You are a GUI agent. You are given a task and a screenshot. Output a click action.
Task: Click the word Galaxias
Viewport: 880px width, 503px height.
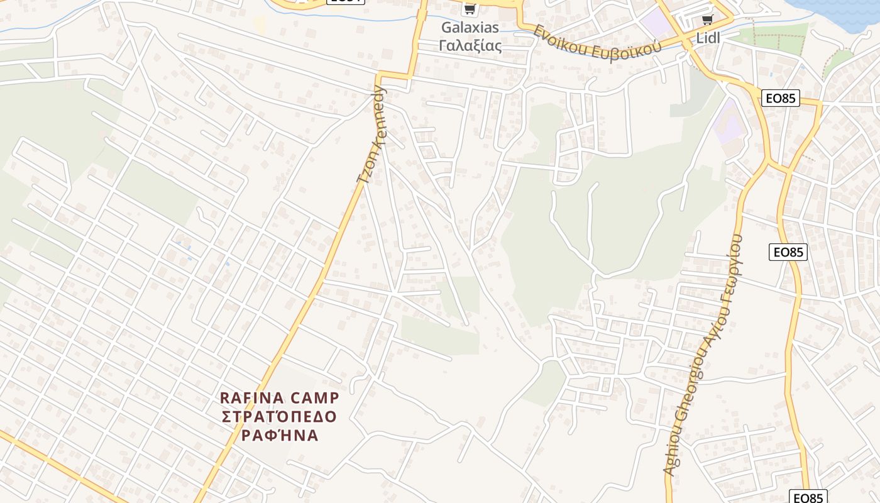click(470, 28)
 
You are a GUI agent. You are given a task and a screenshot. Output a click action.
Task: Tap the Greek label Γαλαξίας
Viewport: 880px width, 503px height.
click(470, 45)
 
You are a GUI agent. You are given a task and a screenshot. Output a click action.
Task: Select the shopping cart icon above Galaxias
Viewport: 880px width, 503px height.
click(469, 9)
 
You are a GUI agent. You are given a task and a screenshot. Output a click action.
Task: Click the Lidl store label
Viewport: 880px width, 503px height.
click(707, 38)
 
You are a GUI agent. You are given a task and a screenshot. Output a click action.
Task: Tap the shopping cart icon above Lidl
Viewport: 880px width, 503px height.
click(707, 20)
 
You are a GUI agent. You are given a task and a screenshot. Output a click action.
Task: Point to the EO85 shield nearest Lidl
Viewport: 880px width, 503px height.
click(780, 98)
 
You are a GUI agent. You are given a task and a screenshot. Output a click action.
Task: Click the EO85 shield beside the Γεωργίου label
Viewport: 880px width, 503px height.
click(788, 252)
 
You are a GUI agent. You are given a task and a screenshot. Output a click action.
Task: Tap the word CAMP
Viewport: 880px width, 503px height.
click(317, 398)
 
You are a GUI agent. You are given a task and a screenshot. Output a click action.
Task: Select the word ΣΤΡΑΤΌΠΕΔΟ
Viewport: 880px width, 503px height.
click(279, 416)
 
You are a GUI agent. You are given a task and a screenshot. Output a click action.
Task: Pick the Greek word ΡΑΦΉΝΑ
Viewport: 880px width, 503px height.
click(279, 435)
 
